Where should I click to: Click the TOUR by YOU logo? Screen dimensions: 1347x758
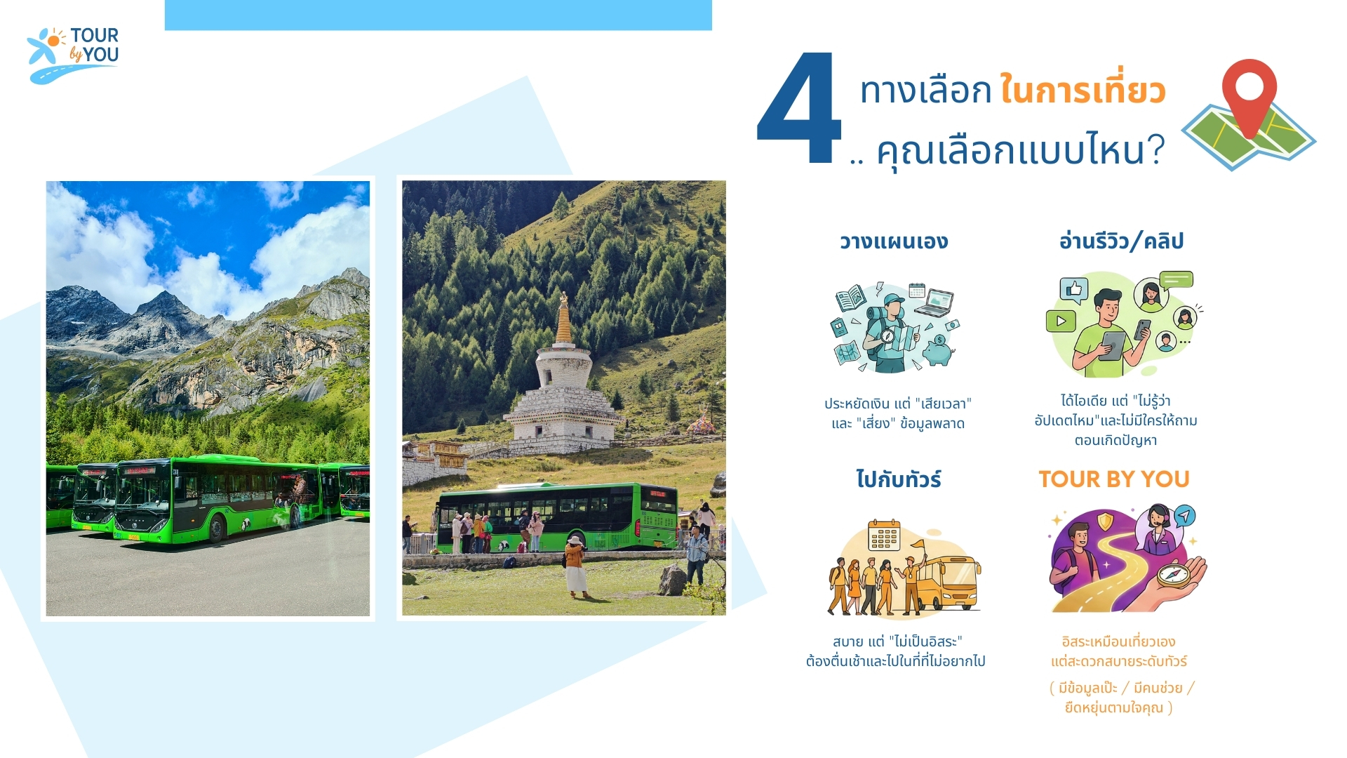(x=73, y=55)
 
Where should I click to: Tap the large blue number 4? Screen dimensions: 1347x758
(x=799, y=109)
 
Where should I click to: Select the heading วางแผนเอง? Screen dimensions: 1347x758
(x=894, y=241)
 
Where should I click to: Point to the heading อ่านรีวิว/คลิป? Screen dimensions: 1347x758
(x=1121, y=241)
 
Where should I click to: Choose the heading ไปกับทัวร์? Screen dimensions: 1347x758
(x=898, y=479)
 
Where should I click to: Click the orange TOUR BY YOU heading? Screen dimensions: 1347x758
(x=1114, y=479)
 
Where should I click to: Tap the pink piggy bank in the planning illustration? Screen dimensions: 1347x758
(x=938, y=350)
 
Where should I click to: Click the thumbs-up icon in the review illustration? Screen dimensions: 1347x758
(x=1073, y=289)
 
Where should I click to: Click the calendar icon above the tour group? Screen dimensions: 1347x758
(x=884, y=536)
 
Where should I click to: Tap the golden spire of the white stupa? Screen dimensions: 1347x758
(x=563, y=319)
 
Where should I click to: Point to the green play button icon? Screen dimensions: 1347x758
(x=1061, y=321)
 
